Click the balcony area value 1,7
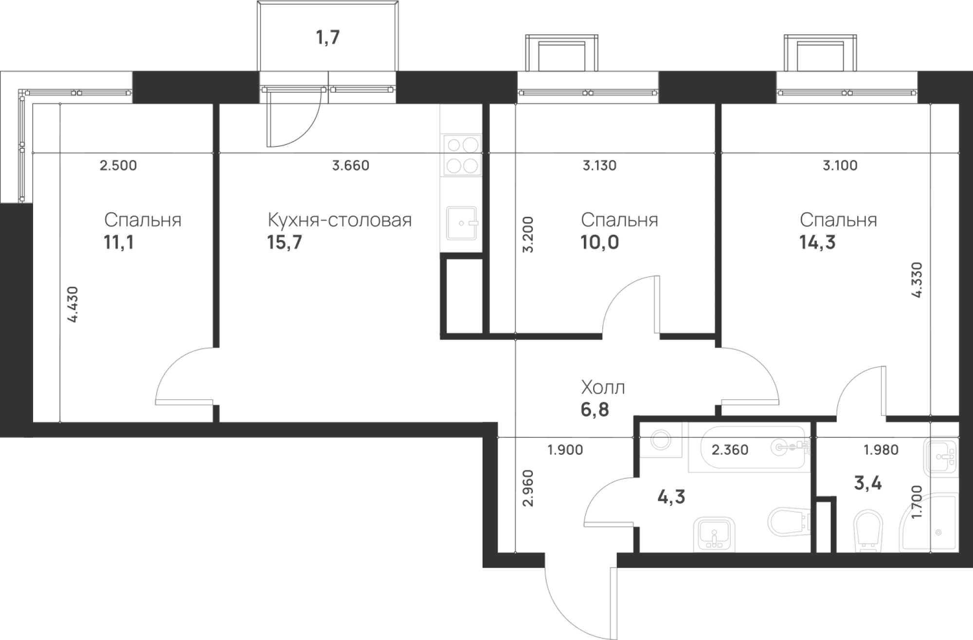point(328,37)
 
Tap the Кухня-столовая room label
point(340,220)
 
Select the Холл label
point(603,388)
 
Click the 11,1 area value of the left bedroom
point(119,242)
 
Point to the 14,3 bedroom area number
point(817,242)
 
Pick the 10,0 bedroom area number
point(599,242)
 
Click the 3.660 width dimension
point(350,166)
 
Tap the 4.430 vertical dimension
point(72,305)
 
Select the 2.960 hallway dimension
point(528,488)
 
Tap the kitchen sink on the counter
point(462,223)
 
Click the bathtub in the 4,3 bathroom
point(749,448)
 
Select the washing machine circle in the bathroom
point(660,440)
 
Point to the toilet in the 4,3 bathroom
point(788,522)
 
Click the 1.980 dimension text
point(881,450)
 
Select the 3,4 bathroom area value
point(868,484)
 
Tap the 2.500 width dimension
point(118,166)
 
